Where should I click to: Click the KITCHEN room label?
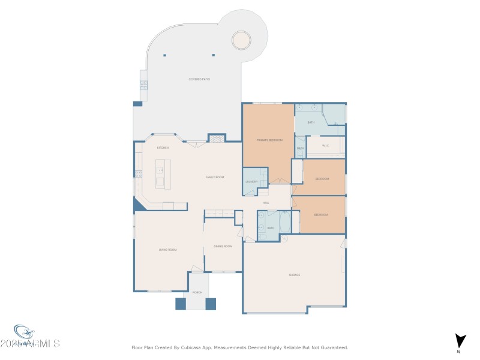(x=163, y=148)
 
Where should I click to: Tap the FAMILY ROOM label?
(x=215, y=177)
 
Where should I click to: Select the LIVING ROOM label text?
(x=167, y=249)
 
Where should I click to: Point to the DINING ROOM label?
(x=223, y=247)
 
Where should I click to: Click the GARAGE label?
(x=295, y=275)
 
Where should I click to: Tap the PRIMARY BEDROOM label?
(x=269, y=140)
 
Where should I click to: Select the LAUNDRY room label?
(x=251, y=182)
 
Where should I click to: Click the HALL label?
(x=265, y=203)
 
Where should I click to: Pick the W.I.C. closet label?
(x=326, y=145)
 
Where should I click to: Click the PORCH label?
(x=197, y=292)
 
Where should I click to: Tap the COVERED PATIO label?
(x=199, y=79)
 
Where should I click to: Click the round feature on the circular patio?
(x=241, y=40)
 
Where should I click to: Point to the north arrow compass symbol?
(x=460, y=340)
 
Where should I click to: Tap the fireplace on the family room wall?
(x=217, y=139)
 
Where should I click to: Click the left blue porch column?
(x=181, y=304)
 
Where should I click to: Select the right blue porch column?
(x=211, y=304)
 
